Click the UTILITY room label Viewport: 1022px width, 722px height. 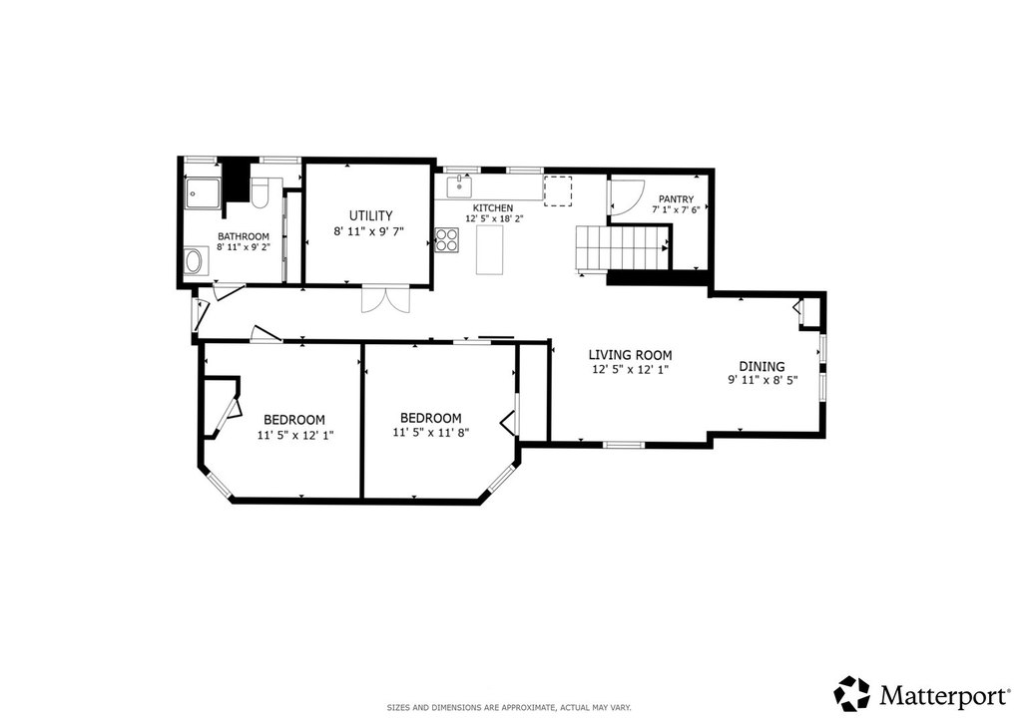pos(370,215)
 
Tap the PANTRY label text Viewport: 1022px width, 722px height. pos(676,199)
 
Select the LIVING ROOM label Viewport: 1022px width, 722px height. pos(630,355)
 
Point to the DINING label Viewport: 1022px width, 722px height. pos(762,367)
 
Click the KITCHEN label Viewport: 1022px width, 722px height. pos(493,208)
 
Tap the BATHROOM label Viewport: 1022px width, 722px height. pos(244,236)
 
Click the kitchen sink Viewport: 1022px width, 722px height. pos(459,185)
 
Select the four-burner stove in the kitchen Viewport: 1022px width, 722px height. pos(446,239)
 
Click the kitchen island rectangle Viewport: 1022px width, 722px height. pos(491,249)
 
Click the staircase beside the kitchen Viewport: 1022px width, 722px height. pos(622,247)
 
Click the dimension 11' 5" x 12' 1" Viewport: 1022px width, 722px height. pos(295,435)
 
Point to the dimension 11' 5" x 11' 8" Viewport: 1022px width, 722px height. pos(431,432)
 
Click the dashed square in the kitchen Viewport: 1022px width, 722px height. pos(557,191)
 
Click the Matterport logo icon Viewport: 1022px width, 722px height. pos(852,693)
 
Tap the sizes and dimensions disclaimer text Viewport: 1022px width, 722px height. pos(509,707)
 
